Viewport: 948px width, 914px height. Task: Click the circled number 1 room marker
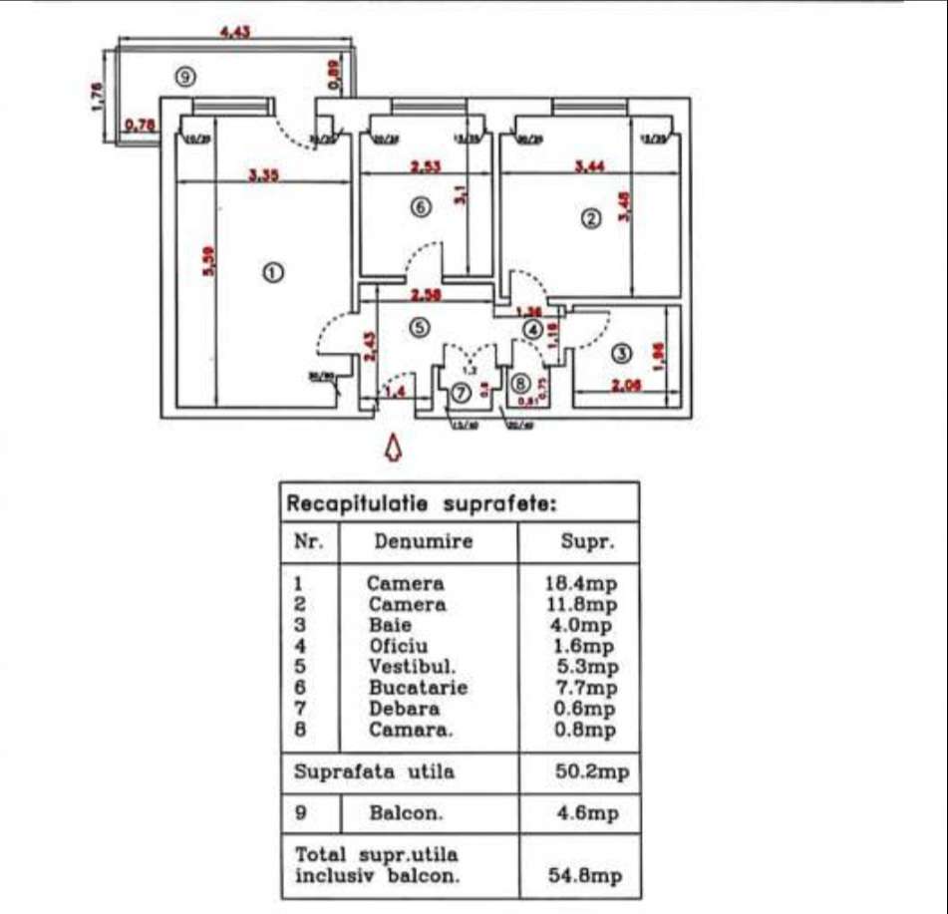coord(269,272)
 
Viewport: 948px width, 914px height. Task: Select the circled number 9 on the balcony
coord(182,76)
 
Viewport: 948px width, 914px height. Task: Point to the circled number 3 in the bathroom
coord(621,353)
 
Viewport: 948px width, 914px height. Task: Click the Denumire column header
coord(424,542)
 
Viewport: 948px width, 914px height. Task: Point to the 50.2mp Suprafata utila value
coord(591,771)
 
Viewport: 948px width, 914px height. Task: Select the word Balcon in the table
coord(406,813)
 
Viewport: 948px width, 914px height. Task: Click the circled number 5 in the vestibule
coord(420,326)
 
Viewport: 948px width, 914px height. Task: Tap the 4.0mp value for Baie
coord(586,626)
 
